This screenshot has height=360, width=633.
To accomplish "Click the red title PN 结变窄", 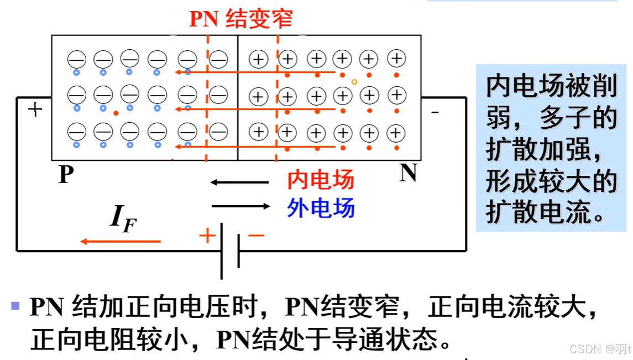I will pyautogui.click(x=241, y=19).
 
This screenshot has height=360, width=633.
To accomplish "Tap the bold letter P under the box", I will pyautogui.click(x=66, y=175).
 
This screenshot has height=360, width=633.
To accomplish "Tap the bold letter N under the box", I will pyautogui.click(x=408, y=173).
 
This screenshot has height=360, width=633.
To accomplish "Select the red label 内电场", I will pyautogui.click(x=321, y=180).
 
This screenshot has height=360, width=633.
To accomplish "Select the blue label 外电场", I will pyautogui.click(x=321, y=208).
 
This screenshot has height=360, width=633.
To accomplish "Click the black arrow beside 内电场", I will pyautogui.click(x=239, y=182).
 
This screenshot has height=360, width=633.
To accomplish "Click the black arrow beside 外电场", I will pyautogui.click(x=241, y=206).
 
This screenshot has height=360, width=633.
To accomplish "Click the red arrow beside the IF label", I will pyautogui.click(x=120, y=241).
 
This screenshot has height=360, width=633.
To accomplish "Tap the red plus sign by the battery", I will pyautogui.click(x=207, y=236).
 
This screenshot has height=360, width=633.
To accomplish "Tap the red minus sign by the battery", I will pyautogui.click(x=256, y=236).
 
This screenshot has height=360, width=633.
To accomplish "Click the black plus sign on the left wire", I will pyautogui.click(x=35, y=109).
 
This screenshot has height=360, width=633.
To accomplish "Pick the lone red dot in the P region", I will pyautogui.click(x=116, y=113).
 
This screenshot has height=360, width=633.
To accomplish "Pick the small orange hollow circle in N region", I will pyautogui.click(x=354, y=82).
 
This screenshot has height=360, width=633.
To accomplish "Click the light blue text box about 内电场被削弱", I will pyautogui.click(x=551, y=147).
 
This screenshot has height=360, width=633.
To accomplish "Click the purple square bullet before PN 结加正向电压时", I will pyautogui.click(x=15, y=305).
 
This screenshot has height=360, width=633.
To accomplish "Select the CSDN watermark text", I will pyautogui.click(x=600, y=349).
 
